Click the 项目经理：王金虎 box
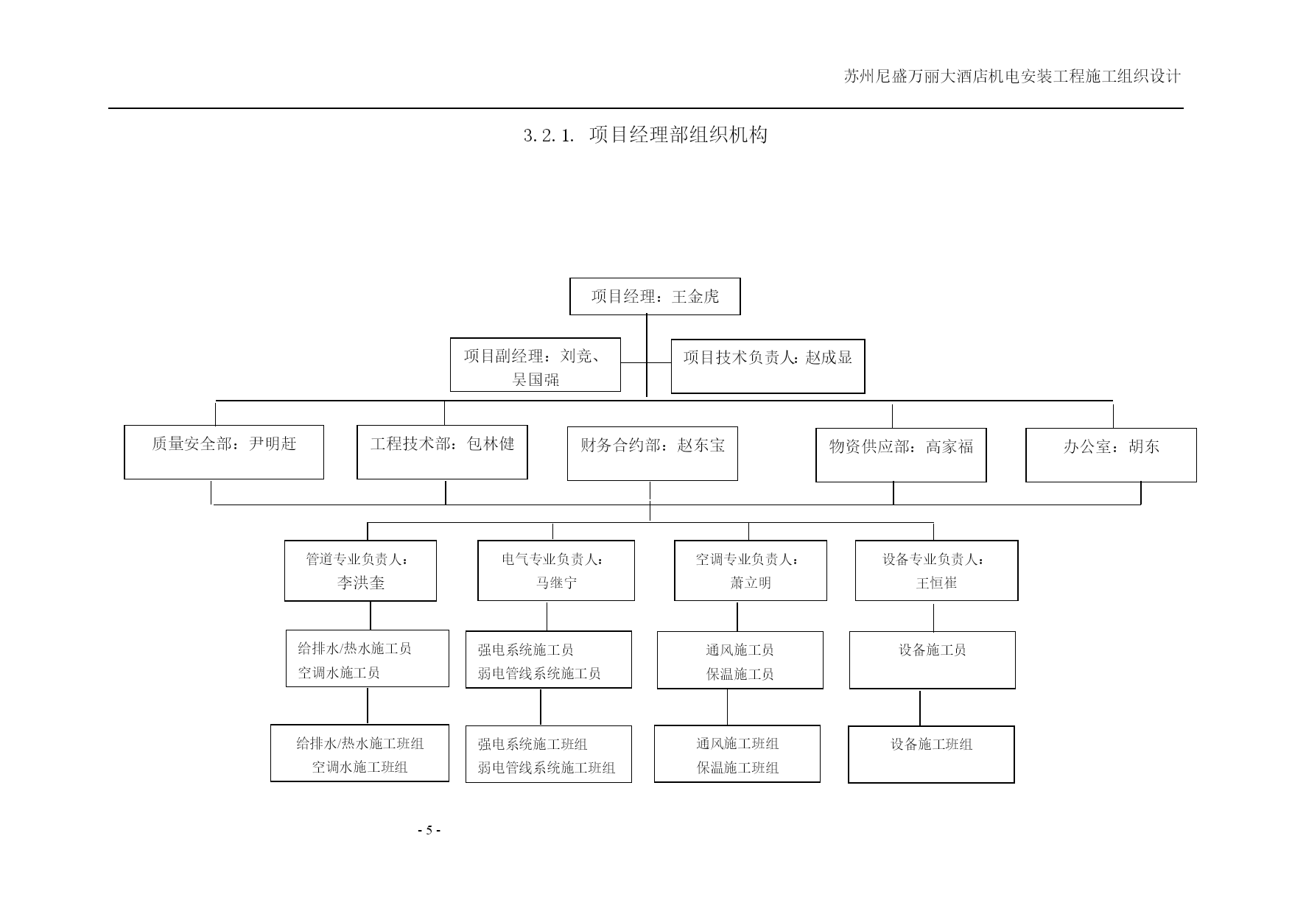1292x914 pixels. (x=655, y=296)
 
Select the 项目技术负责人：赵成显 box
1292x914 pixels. (x=768, y=366)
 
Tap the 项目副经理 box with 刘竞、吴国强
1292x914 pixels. (x=536, y=365)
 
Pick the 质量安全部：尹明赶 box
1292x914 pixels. (x=224, y=451)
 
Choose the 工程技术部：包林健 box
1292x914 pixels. (x=442, y=451)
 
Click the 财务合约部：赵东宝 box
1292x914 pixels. (x=653, y=453)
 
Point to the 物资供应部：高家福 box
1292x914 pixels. (x=901, y=455)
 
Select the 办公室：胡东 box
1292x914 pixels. (x=1111, y=455)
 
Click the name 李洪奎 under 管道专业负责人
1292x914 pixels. (x=361, y=583)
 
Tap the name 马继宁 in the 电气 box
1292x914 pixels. (x=557, y=583)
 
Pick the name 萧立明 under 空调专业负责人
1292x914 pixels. (x=751, y=583)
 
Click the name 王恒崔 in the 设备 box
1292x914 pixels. (x=936, y=583)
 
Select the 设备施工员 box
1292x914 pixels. (x=933, y=660)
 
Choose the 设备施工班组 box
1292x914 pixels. (x=931, y=754)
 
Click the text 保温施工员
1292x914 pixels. (x=740, y=674)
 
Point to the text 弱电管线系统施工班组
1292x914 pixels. (x=547, y=767)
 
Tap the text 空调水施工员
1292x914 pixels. (x=339, y=672)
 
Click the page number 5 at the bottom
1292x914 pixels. (x=428, y=830)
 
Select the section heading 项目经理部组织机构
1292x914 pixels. (x=678, y=135)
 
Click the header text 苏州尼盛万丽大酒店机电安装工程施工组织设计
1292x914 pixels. (x=1012, y=77)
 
